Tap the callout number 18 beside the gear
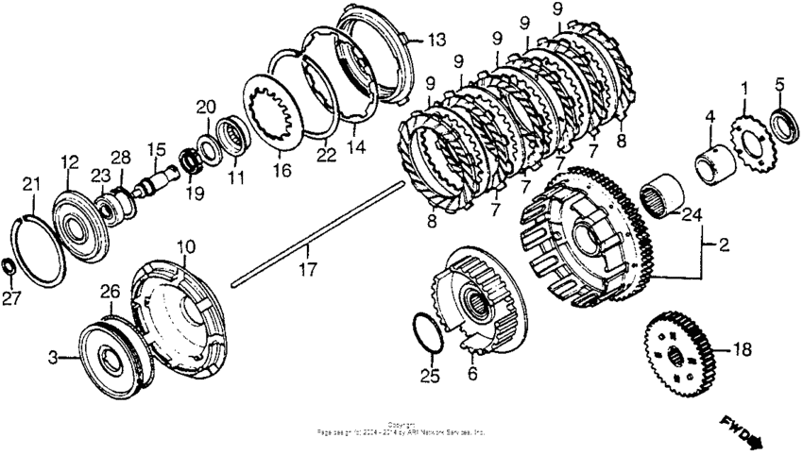pyautogui.click(x=742, y=349)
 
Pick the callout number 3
pyautogui.click(x=56, y=357)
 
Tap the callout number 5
pyautogui.click(x=779, y=84)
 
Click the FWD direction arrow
pyautogui.click(x=742, y=430)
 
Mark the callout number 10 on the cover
pyautogui.click(x=187, y=246)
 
